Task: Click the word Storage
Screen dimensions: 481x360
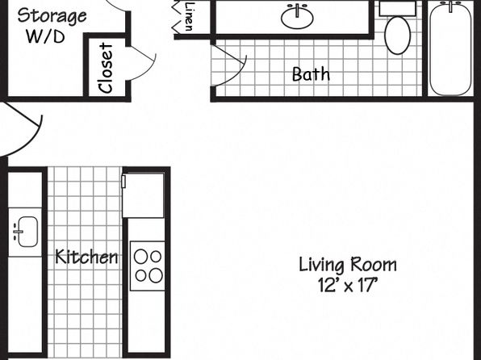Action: tap(52, 16)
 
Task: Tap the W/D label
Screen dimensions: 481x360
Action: tap(45, 36)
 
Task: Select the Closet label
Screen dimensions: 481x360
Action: tap(106, 68)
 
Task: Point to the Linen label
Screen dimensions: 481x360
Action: tap(190, 16)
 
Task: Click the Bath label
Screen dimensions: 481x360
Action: tap(311, 74)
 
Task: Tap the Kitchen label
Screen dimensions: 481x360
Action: tap(86, 257)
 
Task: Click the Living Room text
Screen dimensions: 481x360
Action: tap(348, 266)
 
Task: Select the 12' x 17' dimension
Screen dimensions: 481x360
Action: tap(347, 285)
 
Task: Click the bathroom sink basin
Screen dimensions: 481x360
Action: tap(297, 17)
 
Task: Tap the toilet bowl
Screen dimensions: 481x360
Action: tap(398, 36)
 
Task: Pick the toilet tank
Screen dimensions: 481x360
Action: tap(398, 9)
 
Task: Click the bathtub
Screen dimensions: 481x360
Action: tap(450, 48)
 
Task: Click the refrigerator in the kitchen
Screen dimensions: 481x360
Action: tap(144, 195)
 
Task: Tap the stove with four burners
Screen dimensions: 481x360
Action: tap(148, 266)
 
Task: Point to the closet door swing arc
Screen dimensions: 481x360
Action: tap(146, 69)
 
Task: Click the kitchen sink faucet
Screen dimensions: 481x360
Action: tap(18, 232)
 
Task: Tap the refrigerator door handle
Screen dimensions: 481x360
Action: tap(123, 181)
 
